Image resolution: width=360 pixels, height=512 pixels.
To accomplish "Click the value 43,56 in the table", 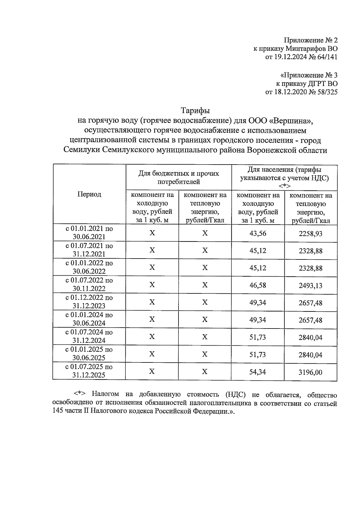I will [x=258, y=233].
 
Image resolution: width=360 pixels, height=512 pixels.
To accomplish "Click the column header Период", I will [x=89, y=194].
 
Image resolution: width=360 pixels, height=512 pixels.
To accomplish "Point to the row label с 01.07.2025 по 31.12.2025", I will [x=89, y=371].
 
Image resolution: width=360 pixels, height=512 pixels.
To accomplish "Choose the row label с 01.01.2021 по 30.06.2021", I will [x=89, y=232].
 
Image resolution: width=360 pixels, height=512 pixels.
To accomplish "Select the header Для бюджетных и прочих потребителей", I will [x=178, y=177].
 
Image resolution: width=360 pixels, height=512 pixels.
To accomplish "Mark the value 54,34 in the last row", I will [x=258, y=372].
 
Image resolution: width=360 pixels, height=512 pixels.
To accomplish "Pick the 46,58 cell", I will [x=258, y=285].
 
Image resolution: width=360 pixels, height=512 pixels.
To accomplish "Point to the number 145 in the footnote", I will [x=57, y=412].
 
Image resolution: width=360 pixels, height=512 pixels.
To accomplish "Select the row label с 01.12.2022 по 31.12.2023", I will [x=89, y=301].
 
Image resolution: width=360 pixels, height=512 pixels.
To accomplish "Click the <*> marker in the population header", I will [x=284, y=186].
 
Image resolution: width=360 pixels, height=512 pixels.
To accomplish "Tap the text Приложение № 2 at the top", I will [x=310, y=40].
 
